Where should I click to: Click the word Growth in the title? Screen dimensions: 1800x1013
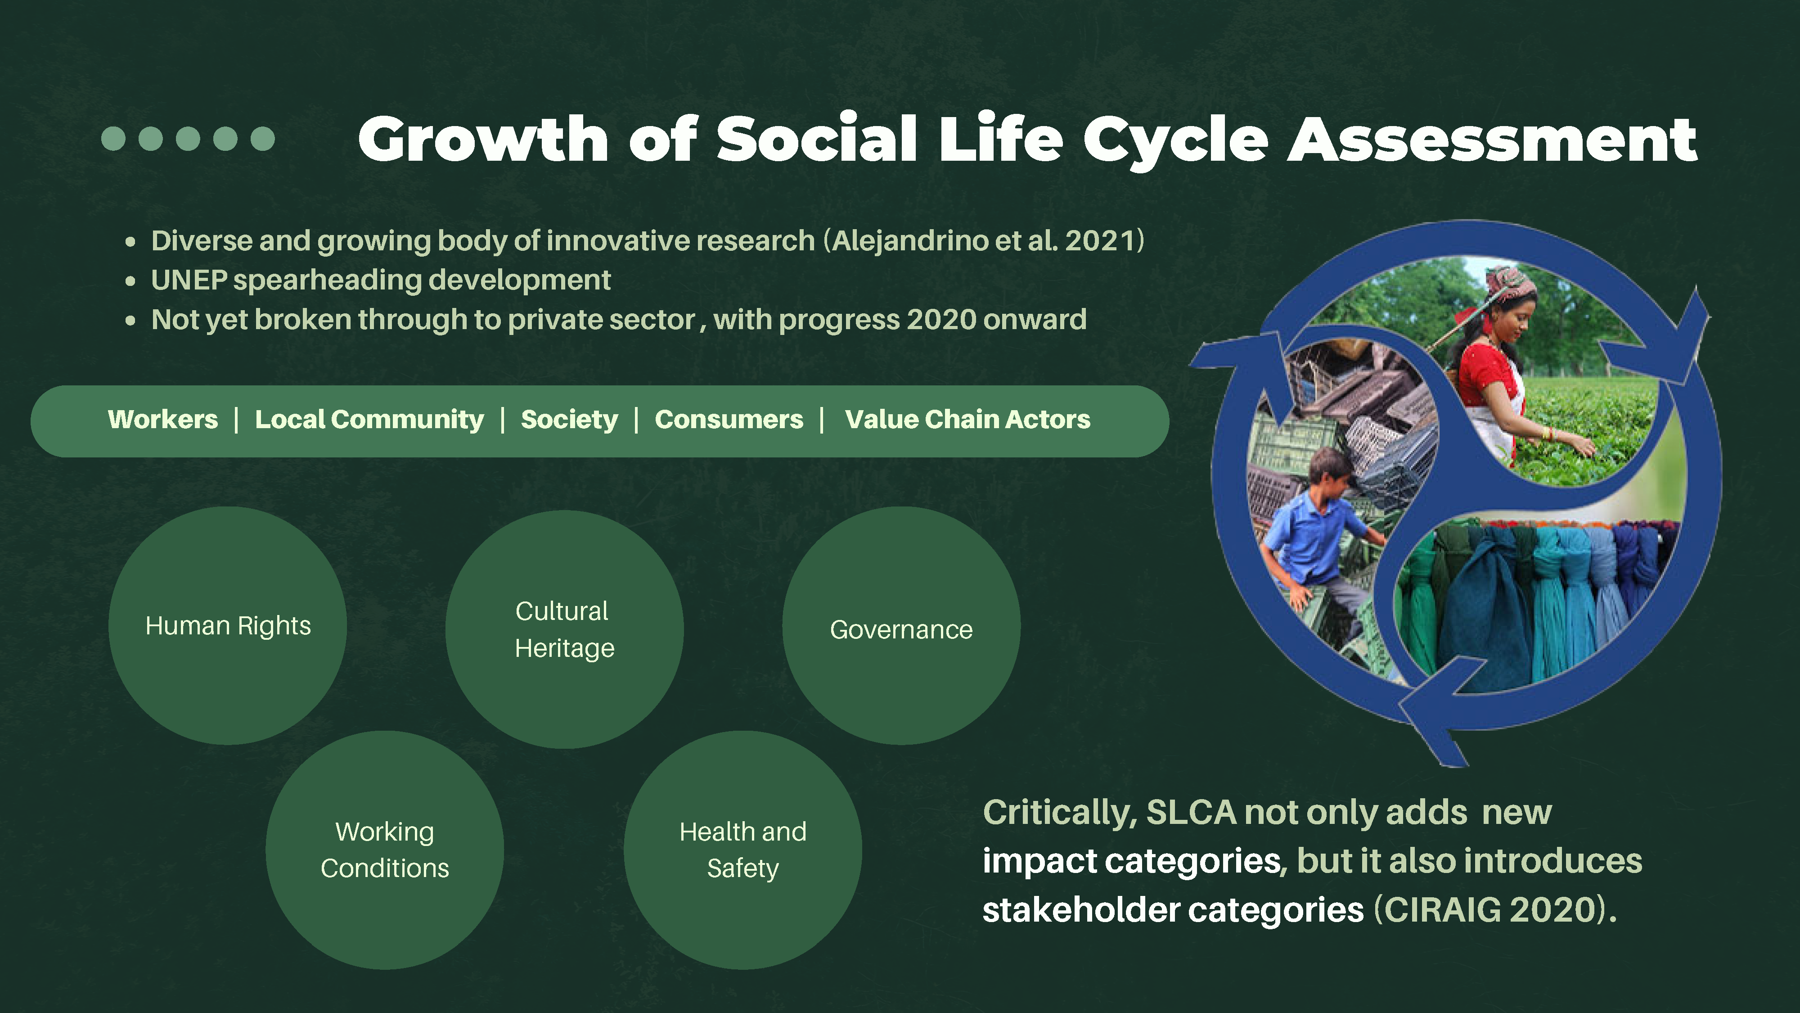pos(484,140)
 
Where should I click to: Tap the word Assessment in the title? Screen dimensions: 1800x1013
pos(1493,140)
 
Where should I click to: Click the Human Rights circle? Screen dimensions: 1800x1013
pos(228,626)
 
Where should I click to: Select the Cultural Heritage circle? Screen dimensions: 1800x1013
pos(565,629)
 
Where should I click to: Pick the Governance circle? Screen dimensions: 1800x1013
pos(901,626)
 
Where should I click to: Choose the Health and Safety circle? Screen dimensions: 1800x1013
pos(743,850)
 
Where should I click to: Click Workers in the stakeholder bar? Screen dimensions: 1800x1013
pos(163,420)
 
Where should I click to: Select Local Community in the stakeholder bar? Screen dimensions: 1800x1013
pos(369,420)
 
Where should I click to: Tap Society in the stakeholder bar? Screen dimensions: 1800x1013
pos(570,420)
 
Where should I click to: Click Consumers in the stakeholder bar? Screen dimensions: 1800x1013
pos(729,420)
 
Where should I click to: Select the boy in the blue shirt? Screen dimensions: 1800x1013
pos(1314,538)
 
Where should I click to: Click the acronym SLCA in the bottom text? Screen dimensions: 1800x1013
pos(1192,812)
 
